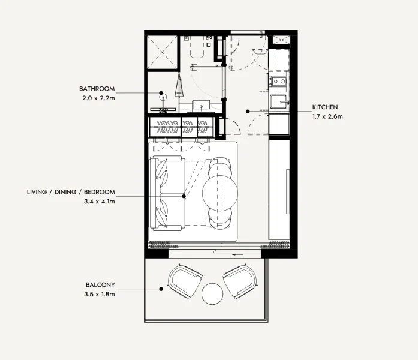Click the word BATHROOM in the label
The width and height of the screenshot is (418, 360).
(97, 88)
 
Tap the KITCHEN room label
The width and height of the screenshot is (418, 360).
(324, 107)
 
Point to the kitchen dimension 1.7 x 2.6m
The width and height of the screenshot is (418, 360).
(327, 116)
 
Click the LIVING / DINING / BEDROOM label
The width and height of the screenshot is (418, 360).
(71, 193)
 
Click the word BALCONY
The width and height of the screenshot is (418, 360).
(100, 285)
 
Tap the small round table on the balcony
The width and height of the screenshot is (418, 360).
(212, 294)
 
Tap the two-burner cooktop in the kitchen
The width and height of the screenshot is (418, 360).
(279, 81)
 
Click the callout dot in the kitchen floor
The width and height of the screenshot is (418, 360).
(247, 111)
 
